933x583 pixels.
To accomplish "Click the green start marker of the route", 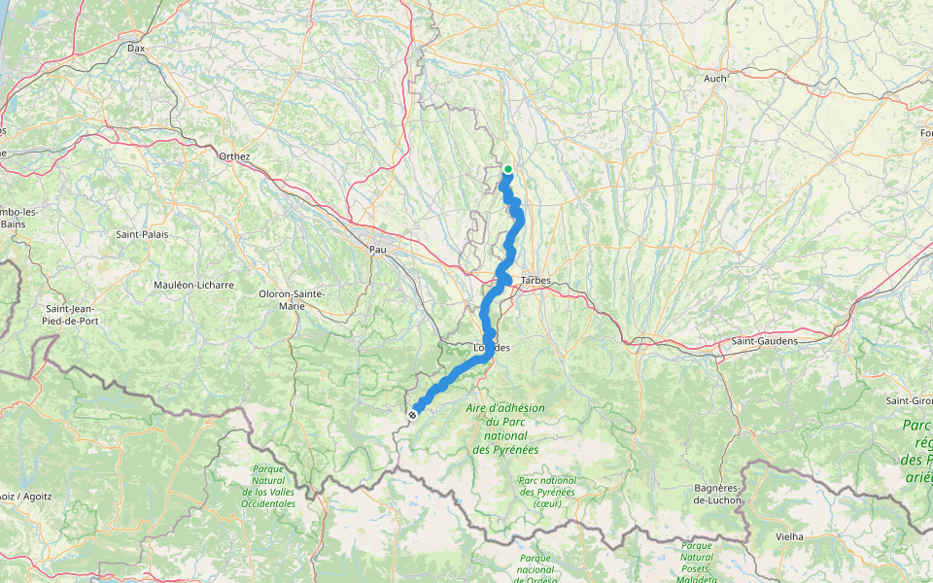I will point(507,169).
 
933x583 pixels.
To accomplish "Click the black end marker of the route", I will point(413,415).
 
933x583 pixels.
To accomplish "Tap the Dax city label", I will point(136,47).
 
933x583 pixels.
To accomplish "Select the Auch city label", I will point(715,78).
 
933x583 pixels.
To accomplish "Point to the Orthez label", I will point(234,156).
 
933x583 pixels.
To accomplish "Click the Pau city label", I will point(378,250).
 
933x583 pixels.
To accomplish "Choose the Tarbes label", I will point(536,281).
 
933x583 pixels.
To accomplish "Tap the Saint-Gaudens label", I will point(764,342).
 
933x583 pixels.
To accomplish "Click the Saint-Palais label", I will point(142,234).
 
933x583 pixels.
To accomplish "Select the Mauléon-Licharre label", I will point(194,286).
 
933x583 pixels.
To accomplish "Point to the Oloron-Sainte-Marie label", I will point(292,299).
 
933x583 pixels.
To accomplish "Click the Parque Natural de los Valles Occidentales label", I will point(268,486).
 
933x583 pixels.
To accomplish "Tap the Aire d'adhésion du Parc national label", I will point(506,429).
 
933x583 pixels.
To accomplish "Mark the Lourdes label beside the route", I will point(491,348).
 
